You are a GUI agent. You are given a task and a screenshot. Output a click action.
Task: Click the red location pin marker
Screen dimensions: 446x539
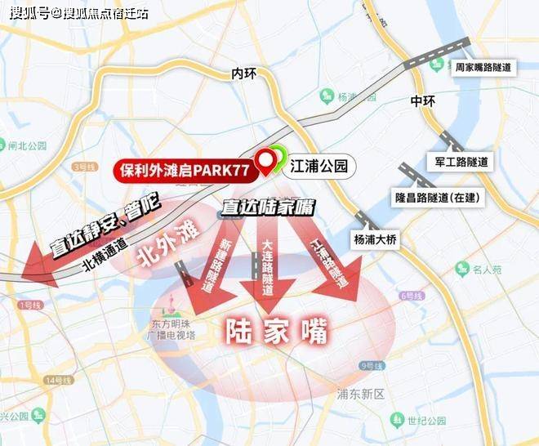[266, 163]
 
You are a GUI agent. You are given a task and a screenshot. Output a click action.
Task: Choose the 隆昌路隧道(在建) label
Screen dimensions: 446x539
[437, 198]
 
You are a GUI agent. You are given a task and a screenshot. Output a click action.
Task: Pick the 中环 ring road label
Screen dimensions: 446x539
[423, 101]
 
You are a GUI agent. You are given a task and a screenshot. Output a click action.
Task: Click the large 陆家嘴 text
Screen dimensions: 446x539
[275, 332]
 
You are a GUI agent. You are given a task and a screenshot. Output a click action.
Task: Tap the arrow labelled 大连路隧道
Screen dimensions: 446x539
[268, 270]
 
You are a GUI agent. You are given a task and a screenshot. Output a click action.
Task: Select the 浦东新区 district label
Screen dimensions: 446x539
[360, 394]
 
